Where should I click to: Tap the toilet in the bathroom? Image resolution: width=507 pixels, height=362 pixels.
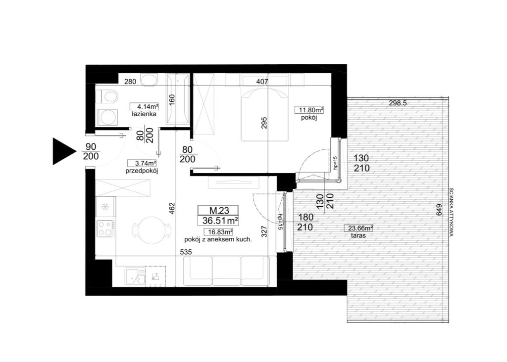106,96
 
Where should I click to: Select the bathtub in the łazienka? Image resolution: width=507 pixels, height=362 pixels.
178,99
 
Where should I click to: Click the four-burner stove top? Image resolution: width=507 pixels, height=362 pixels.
105,228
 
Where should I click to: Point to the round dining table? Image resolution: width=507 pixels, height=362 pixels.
151,230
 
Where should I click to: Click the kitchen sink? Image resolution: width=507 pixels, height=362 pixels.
135,277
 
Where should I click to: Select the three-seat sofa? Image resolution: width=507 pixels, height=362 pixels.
226,271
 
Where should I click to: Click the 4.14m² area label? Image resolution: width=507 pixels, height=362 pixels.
144,106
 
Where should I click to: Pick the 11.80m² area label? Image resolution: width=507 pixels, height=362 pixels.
309,110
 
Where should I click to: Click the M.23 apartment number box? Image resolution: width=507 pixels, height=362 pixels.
218,211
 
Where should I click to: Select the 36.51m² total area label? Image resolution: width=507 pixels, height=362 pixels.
218,221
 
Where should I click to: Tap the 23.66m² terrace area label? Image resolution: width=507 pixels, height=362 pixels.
358,228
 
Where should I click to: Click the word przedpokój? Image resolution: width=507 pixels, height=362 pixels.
142,171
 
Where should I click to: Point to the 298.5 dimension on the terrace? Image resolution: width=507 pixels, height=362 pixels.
398,103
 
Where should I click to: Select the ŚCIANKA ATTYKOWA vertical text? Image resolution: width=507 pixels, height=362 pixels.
452,212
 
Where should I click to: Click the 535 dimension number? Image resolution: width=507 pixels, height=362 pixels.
186,252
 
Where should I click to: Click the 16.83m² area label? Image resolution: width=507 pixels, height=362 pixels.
218,232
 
